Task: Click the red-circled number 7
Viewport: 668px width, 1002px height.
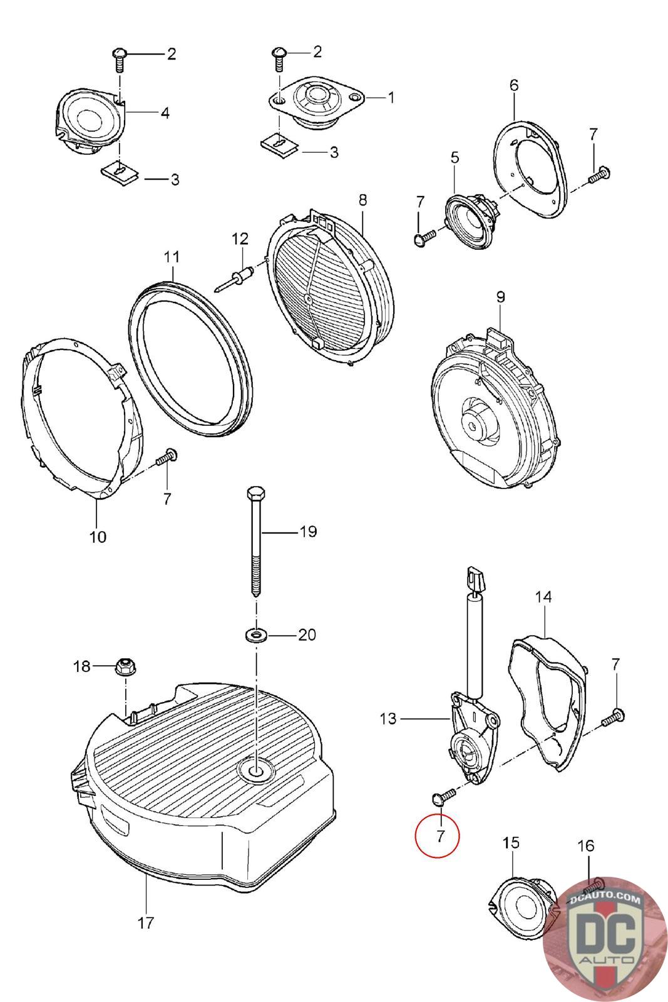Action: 439,835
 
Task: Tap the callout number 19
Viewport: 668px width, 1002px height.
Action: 308,532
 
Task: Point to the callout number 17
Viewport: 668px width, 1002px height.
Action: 145,922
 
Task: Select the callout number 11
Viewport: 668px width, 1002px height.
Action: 172,257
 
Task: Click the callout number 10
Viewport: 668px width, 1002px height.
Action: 98,537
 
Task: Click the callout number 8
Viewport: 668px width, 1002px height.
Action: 363,200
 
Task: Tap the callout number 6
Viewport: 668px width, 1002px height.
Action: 514,85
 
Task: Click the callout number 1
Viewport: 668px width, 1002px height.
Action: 391,98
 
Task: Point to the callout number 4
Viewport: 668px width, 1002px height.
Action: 165,113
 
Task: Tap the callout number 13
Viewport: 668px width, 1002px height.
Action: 388,718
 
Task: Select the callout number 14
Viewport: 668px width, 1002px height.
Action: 543,597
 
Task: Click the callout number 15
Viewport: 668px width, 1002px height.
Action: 511,843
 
